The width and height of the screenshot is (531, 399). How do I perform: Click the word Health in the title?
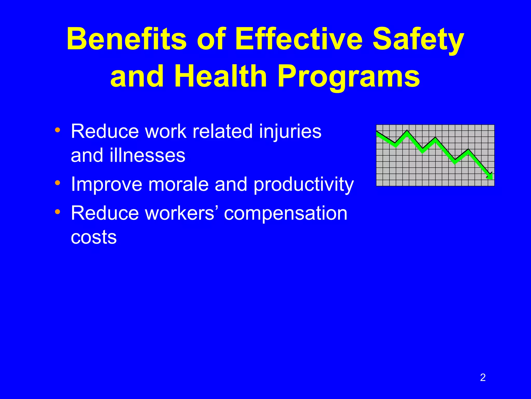tap(220, 76)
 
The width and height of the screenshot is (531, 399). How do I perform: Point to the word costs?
tap(94, 237)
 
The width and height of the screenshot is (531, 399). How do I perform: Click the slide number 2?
tap(483, 377)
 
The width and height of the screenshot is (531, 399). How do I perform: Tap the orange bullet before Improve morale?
tap(58, 183)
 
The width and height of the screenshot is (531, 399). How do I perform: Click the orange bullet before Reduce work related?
tap(58, 130)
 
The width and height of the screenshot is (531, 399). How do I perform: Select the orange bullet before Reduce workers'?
tap(58, 212)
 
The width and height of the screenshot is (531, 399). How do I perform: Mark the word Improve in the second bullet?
tap(107, 184)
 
